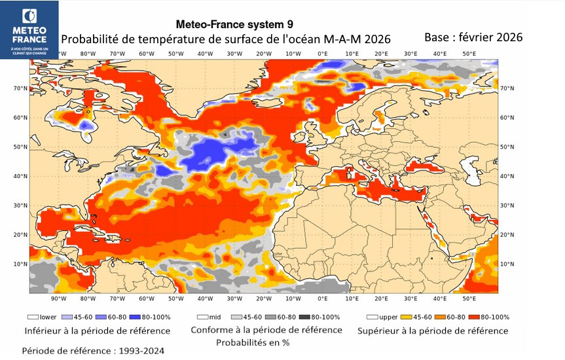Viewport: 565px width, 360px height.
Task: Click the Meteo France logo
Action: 29,29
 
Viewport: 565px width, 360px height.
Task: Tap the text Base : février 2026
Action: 473,37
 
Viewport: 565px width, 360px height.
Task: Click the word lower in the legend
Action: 47,317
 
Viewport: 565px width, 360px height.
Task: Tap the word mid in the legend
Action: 215,317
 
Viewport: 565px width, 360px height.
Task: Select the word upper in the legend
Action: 388,317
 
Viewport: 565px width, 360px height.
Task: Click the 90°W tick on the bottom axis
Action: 58,298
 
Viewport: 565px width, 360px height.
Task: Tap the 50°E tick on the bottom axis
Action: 469,298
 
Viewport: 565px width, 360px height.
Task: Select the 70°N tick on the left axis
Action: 20,88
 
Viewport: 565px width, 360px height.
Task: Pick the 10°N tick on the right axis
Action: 507,264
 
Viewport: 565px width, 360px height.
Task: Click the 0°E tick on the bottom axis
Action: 322,298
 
